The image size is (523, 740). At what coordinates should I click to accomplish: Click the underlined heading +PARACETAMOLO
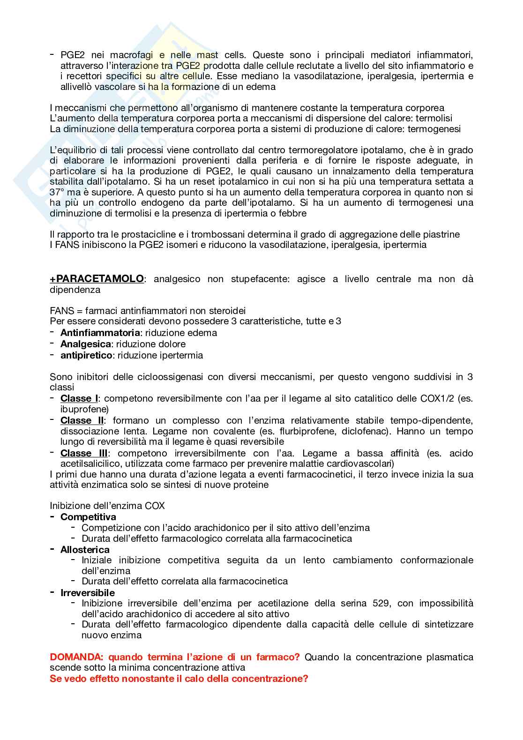click(x=97, y=279)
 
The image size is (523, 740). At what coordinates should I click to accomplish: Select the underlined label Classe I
click(x=79, y=398)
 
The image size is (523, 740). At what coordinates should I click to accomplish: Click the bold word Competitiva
click(x=89, y=517)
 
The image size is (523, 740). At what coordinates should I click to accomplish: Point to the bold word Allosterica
click(x=85, y=549)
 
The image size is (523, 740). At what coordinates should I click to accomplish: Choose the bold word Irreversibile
click(x=88, y=592)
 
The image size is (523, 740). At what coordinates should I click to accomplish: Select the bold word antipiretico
click(x=87, y=355)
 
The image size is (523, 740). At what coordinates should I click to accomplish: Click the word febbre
click(x=294, y=213)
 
